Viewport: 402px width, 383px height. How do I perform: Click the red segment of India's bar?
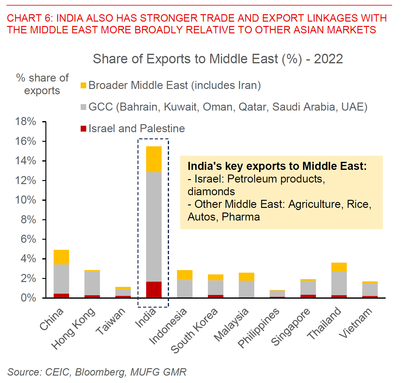[x=154, y=289]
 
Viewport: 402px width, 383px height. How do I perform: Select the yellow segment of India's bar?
[x=154, y=159]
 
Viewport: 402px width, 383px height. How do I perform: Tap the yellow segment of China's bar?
[x=61, y=257]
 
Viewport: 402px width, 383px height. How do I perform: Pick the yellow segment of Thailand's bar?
[x=339, y=267]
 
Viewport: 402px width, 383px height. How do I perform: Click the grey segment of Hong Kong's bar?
[x=92, y=283]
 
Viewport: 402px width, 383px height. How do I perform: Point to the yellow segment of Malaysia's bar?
[x=247, y=277]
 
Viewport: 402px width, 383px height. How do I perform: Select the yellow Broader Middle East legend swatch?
[x=83, y=86]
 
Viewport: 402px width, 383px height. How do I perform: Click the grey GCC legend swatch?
[x=83, y=107]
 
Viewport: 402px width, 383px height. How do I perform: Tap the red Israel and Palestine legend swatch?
[x=83, y=129]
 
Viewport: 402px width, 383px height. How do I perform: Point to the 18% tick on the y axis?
[x=26, y=122]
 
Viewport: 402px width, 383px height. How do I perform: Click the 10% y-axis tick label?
[x=26, y=200]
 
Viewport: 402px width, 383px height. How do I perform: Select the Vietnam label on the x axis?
[x=356, y=323]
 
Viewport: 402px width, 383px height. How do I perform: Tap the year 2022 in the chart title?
[x=328, y=59]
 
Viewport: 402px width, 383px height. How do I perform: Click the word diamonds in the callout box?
[x=211, y=192]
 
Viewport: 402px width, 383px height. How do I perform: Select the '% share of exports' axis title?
[x=42, y=84]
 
